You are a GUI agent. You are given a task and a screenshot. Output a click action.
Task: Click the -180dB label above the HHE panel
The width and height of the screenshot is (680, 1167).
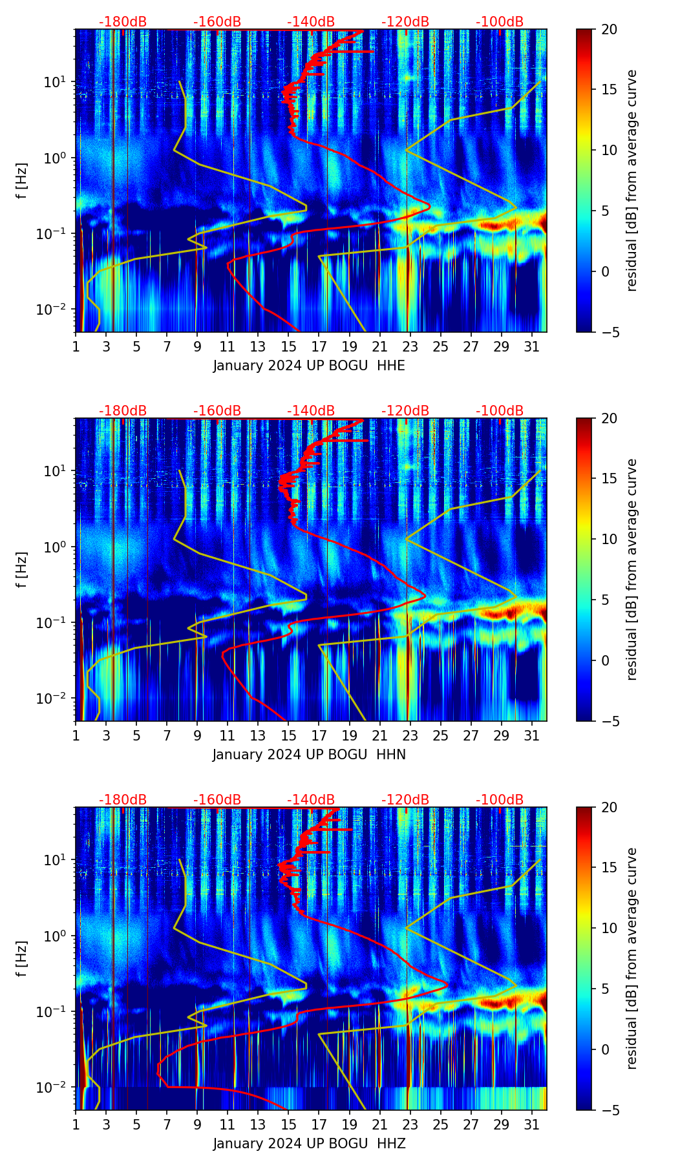123,22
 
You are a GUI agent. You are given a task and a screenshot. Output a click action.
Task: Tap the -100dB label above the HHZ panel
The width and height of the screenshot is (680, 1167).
500,800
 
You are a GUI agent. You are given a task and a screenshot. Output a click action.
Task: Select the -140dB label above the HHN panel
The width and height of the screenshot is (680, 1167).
311,411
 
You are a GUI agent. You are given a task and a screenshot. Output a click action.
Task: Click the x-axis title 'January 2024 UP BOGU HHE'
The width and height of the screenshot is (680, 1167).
309,366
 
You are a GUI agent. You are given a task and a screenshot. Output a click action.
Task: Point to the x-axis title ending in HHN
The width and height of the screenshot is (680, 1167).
309,755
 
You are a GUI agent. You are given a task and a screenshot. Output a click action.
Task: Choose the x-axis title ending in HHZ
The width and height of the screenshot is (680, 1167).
309,1144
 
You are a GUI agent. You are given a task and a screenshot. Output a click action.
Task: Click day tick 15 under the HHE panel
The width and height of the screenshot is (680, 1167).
288,346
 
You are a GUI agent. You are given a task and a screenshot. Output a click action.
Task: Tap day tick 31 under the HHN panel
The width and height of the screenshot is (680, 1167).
532,735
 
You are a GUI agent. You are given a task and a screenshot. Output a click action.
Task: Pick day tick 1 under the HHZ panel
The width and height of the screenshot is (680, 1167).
76,1124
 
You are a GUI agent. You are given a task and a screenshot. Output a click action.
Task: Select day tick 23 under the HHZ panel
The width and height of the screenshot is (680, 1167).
410,1124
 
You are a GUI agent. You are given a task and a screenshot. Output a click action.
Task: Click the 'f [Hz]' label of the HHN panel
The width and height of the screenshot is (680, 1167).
22,569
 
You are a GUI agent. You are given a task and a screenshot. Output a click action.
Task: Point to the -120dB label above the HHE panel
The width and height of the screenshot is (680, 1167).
405,22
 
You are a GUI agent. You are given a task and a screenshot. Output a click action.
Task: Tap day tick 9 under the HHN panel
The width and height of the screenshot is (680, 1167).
197,735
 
